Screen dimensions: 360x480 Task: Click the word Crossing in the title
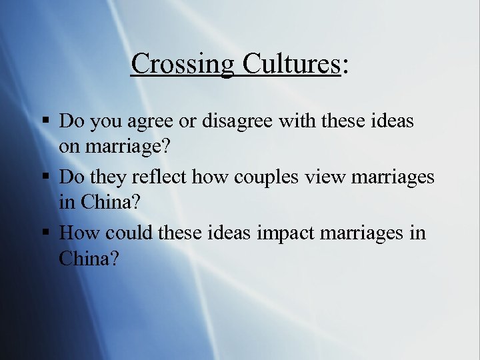point(182,64)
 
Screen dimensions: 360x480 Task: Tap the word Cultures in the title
point(291,64)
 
